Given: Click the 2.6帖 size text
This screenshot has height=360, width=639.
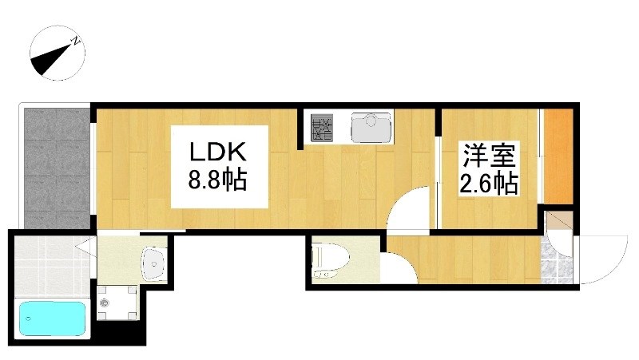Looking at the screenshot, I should [x=489, y=184].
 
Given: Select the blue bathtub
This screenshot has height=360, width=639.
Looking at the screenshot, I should [x=52, y=318].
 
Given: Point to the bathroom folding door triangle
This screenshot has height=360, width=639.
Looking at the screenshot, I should [x=85, y=247].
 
